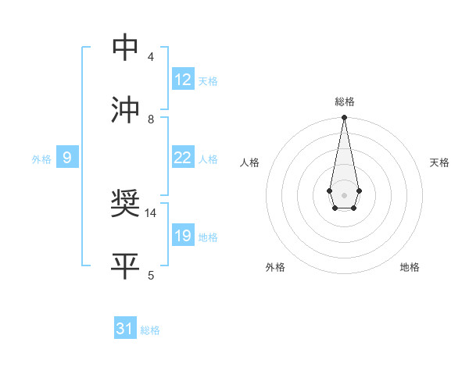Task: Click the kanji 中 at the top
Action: (126, 48)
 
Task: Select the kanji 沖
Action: (126, 110)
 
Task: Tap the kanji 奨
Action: (126, 205)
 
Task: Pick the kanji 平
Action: (126, 266)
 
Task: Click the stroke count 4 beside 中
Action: (150, 57)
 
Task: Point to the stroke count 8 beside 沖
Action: (150, 119)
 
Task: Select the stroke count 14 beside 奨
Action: (151, 212)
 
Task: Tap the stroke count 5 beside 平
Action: (150, 275)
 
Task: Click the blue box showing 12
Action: (183, 80)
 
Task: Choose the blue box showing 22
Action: (183, 158)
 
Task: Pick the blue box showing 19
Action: (183, 236)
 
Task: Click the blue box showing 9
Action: (67, 159)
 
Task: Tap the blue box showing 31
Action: (125, 330)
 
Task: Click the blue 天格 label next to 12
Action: (208, 81)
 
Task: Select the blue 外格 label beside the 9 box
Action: (41, 159)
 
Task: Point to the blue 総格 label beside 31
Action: (150, 330)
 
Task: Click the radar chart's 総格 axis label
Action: (344, 102)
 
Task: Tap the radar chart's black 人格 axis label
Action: (250, 162)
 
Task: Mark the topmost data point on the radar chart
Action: (344, 118)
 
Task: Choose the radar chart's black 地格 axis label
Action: (410, 267)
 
